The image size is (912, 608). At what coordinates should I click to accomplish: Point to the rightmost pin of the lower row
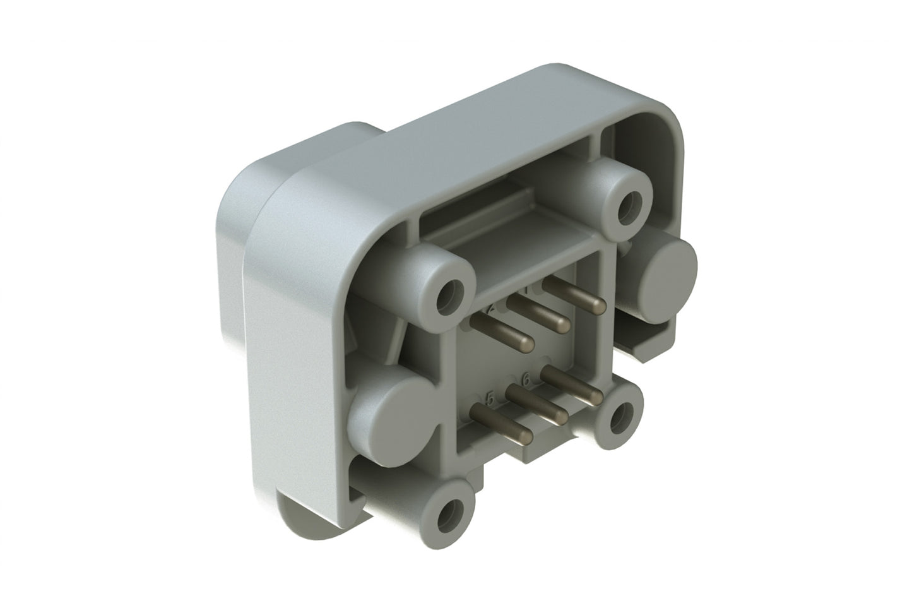[573, 386]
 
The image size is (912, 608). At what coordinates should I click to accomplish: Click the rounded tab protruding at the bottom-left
[297, 515]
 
